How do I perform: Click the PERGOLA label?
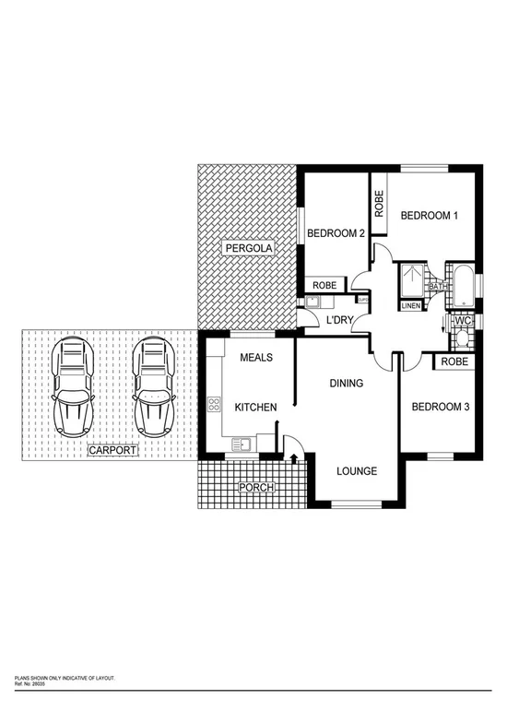247,249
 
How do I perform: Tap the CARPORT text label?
112,451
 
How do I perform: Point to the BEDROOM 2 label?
336,232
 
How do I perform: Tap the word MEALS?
256,358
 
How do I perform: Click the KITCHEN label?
255,407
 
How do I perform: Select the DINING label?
347,384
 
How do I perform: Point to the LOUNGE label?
356,471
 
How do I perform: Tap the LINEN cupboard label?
411,306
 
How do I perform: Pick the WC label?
463,320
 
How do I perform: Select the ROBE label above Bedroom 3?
454,362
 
